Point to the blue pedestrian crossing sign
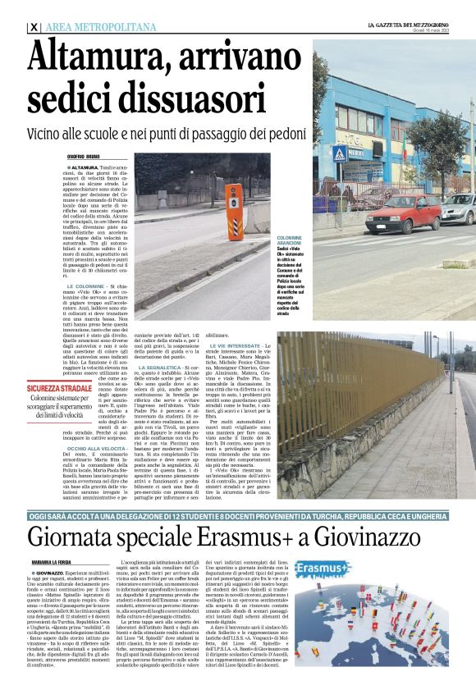[x=339, y=153]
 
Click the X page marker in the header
[x=33, y=27]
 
